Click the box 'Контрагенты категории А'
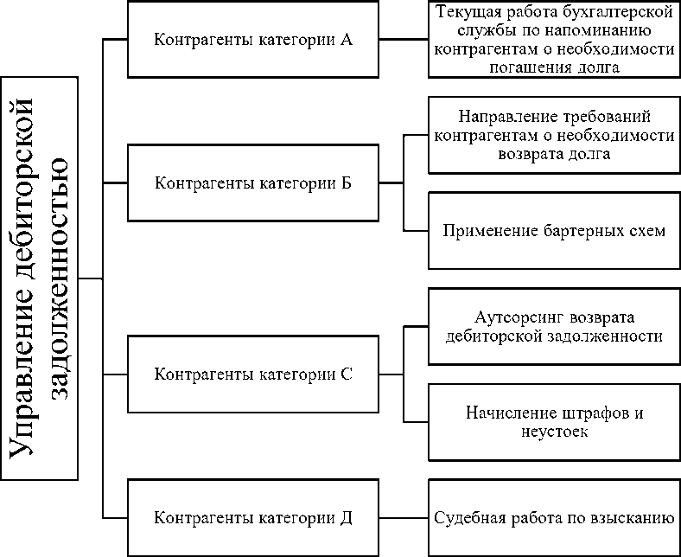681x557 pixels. (252, 41)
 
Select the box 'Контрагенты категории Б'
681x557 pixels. (252, 183)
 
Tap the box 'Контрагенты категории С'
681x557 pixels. (252, 375)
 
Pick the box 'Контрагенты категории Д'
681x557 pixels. (252, 518)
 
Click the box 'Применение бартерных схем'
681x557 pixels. (554, 231)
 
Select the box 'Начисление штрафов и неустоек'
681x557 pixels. (554, 422)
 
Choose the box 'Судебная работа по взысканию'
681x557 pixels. (554, 518)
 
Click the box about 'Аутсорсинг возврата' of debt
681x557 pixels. (554, 327)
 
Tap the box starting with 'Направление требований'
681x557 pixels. (554, 135)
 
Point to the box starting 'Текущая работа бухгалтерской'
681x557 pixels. (554, 40)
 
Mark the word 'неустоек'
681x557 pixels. (554, 431)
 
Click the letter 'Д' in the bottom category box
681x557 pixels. (345, 519)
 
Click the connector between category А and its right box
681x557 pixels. (404, 40)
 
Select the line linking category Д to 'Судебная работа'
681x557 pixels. (404, 518)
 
